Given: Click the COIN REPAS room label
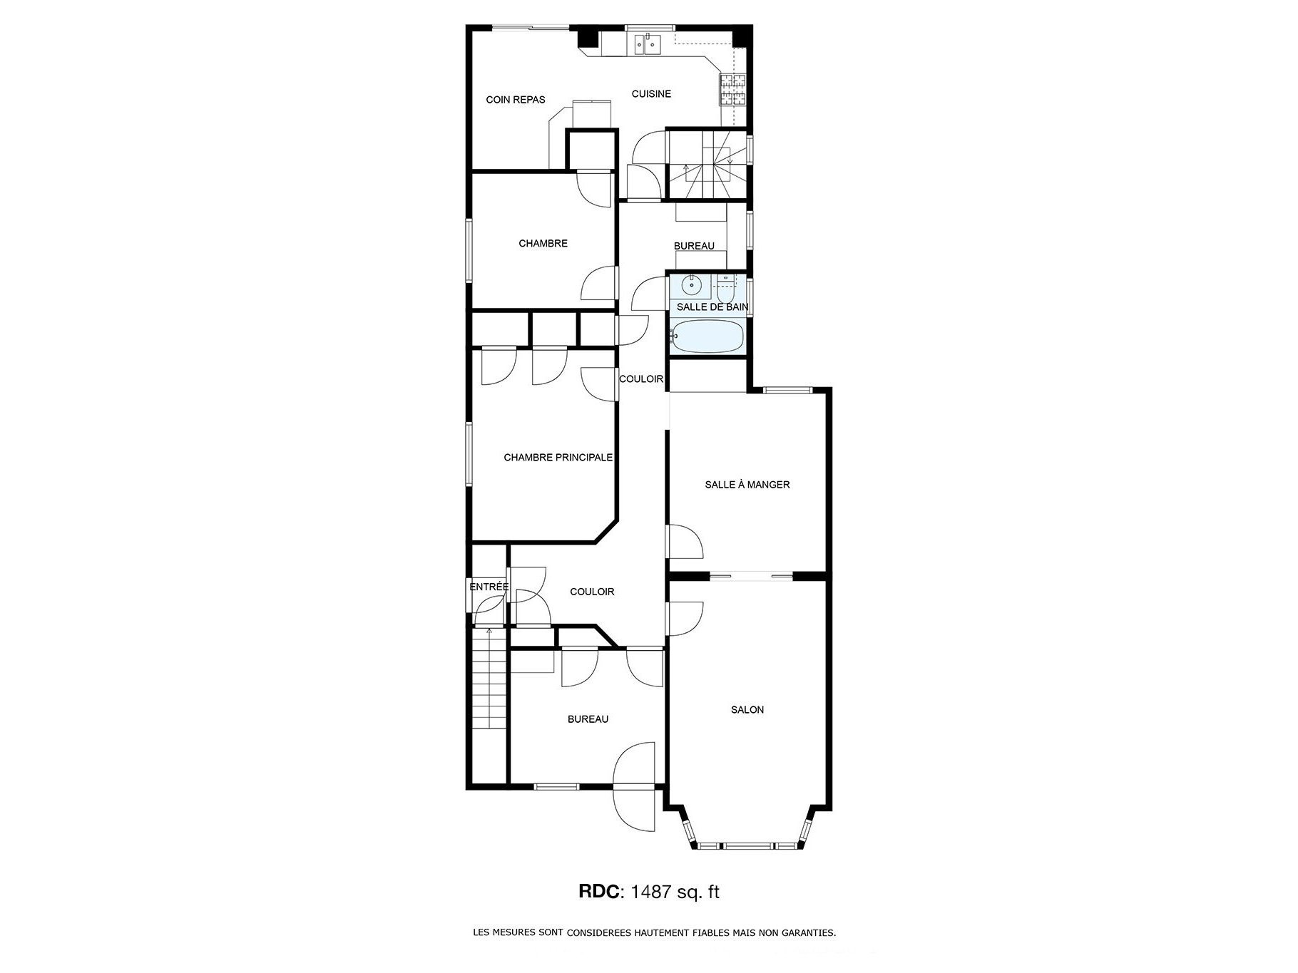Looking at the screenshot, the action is [516, 100].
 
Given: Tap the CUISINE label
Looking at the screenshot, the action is [651, 94].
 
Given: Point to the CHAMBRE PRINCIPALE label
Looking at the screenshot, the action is [558, 458].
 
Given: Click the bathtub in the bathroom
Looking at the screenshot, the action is [708, 336].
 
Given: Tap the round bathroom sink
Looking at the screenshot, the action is [691, 286].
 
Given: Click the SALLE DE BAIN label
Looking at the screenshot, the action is [712, 307].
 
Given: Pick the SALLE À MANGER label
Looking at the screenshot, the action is [747, 485].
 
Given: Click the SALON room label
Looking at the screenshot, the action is [747, 710].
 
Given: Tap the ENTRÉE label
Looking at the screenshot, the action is [489, 587].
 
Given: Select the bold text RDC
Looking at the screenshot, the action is [598, 892].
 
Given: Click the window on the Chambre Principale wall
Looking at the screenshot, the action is [469, 455].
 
